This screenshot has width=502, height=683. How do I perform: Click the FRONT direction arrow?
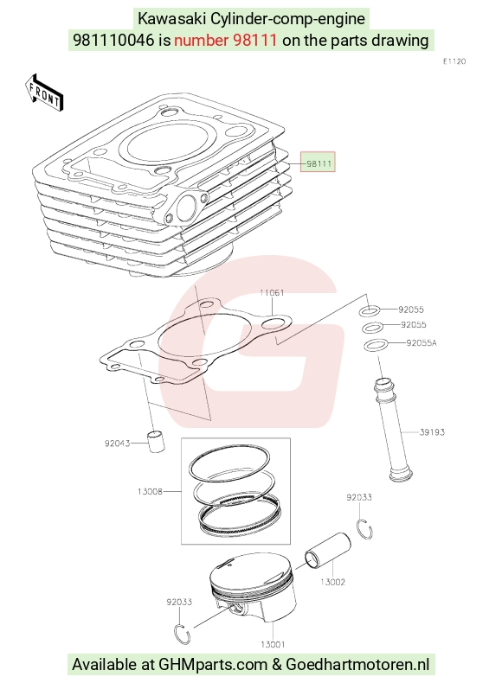44,92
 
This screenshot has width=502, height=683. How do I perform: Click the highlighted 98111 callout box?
318,162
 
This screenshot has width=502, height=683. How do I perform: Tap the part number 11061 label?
272,293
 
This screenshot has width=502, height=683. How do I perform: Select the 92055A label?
422,343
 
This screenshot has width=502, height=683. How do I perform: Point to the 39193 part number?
432,432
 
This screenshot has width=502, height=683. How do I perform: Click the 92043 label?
117,444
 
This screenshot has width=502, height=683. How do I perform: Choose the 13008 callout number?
150,491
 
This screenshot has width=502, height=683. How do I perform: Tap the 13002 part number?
332,582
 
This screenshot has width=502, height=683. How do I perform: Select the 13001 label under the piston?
273,644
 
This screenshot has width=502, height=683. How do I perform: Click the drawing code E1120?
454,61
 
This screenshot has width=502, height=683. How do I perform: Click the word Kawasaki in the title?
172,19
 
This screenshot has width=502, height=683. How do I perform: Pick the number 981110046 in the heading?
113,40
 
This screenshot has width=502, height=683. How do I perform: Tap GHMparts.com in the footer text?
213,665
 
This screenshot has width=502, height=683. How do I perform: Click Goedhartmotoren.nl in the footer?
357,665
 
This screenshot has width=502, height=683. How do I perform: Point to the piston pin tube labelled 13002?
328,551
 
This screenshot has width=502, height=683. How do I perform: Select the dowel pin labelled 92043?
156,441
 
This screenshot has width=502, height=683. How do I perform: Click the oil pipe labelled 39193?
393,429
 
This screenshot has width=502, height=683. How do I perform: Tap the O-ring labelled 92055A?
376,345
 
